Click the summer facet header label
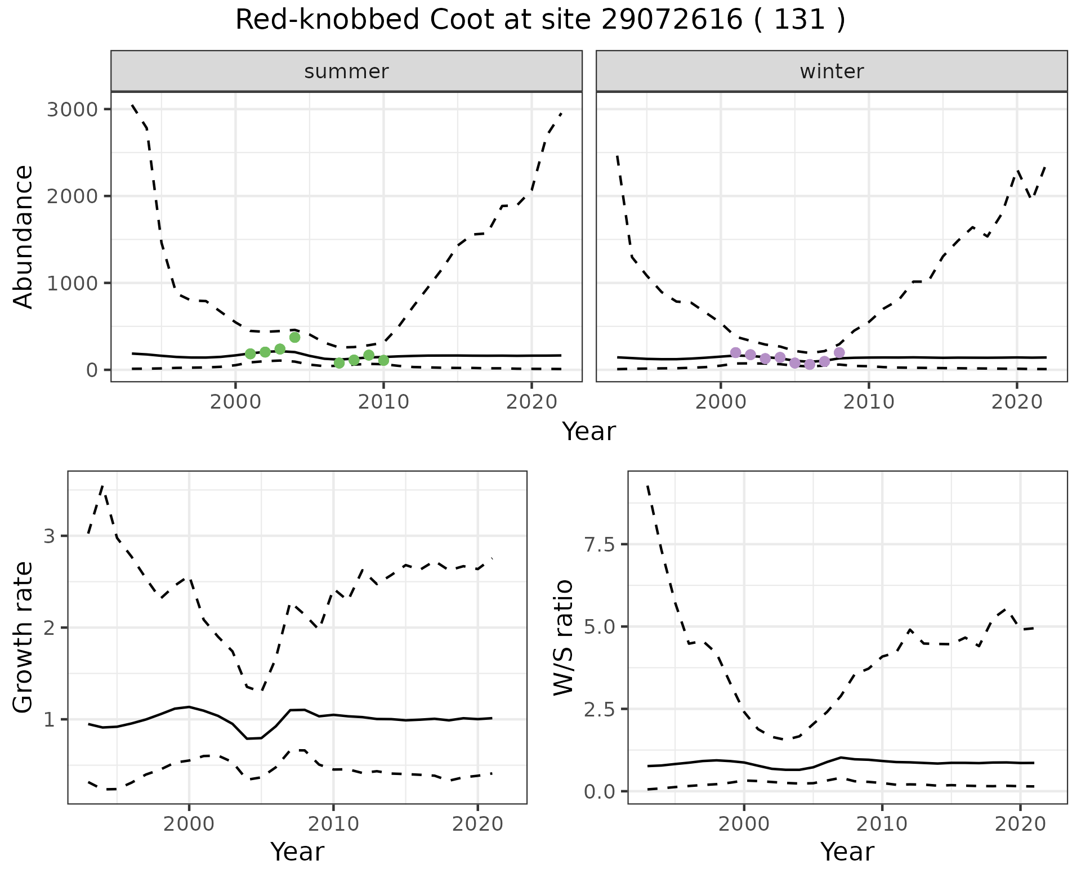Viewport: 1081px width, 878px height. (x=346, y=71)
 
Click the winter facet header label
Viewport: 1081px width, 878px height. (x=832, y=71)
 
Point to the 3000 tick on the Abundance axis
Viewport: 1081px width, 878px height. (x=73, y=109)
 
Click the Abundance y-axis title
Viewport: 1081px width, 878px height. (x=24, y=236)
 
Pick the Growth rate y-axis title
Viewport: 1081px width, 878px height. (x=24, y=638)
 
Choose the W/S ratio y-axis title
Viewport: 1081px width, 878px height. (x=563, y=638)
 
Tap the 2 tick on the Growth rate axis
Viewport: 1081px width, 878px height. (x=50, y=628)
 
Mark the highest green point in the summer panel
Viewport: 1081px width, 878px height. (x=294, y=337)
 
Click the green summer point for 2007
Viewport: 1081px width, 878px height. (x=339, y=363)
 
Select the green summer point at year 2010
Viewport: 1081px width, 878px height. (x=383, y=360)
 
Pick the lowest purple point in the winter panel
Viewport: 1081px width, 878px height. (x=810, y=365)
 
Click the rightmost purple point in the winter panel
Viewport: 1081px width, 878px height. (x=839, y=352)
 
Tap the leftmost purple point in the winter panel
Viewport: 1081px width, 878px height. (x=735, y=352)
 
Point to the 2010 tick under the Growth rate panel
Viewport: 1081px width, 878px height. (x=333, y=824)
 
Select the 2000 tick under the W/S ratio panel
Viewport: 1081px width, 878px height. (x=744, y=824)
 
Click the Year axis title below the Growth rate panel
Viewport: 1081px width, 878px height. (x=297, y=852)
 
